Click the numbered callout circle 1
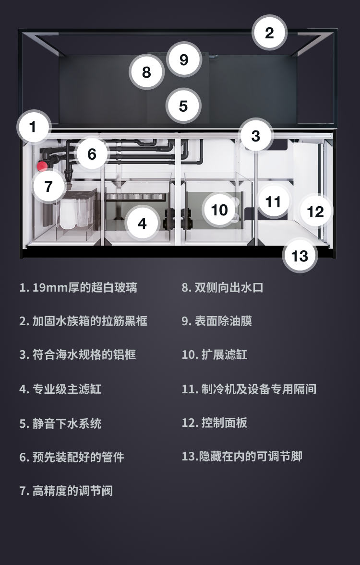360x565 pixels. [x=33, y=127]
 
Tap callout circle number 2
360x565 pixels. [x=269, y=33]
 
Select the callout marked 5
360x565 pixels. [x=183, y=106]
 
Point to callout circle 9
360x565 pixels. [x=184, y=59]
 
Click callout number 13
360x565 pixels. [x=300, y=256]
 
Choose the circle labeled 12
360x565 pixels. [x=316, y=212]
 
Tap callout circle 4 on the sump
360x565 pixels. [x=143, y=224]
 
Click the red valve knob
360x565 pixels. [x=42, y=166]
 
